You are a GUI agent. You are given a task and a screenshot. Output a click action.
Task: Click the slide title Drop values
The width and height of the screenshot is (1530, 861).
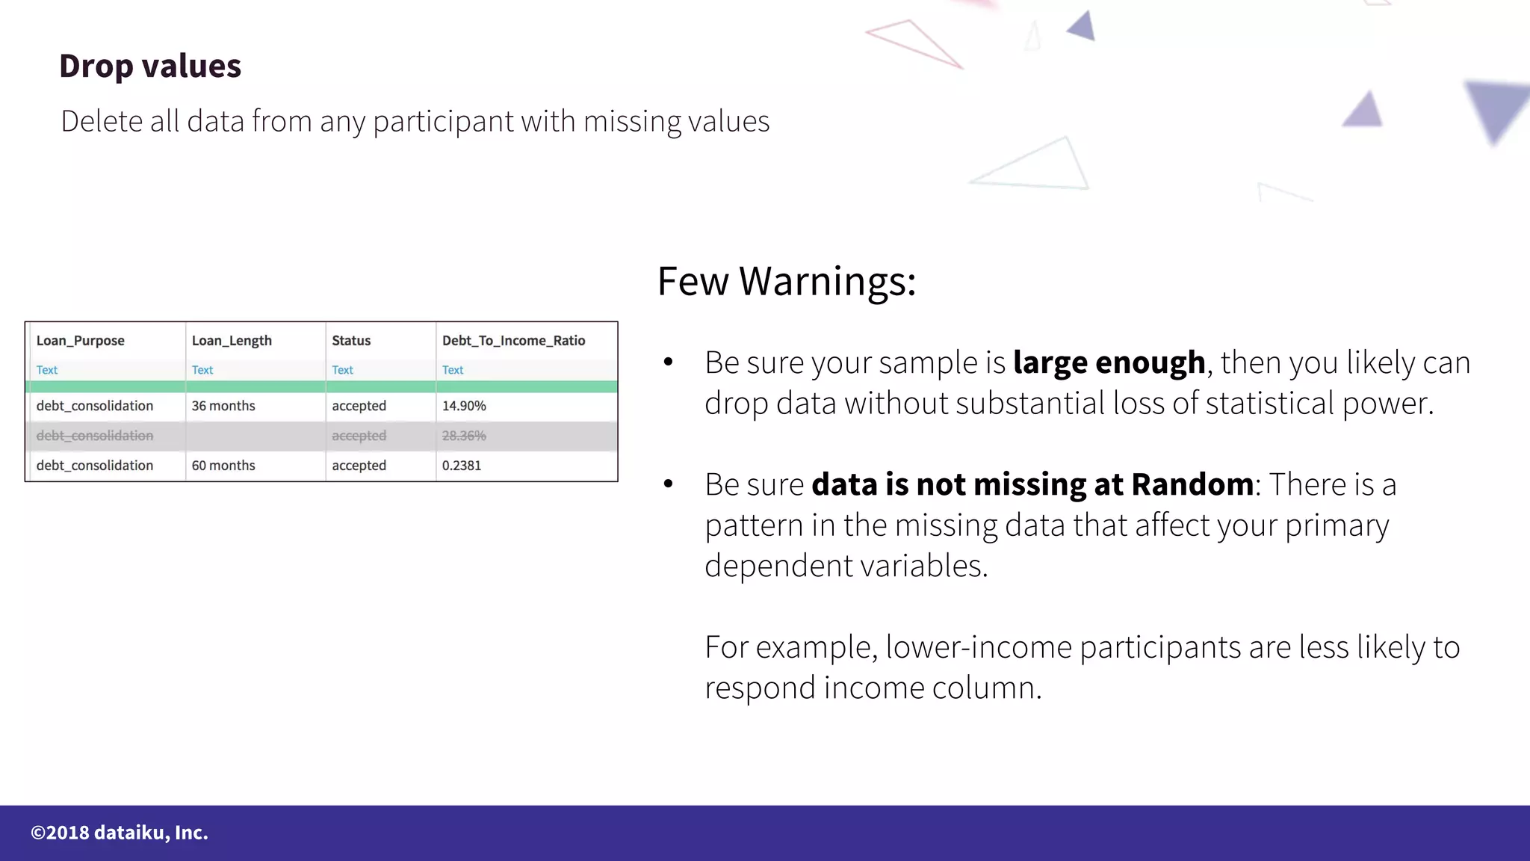pyautogui.click(x=150, y=66)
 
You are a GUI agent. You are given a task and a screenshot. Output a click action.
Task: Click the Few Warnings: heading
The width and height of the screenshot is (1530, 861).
pyautogui.click(x=786, y=282)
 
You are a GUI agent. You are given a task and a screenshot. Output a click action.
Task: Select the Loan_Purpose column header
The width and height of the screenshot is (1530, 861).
pyautogui.click(x=81, y=341)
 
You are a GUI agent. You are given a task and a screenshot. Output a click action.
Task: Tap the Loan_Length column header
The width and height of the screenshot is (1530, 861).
pyautogui.click(x=232, y=341)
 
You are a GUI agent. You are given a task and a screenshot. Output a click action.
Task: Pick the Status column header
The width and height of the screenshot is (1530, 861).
pyautogui.click(x=351, y=341)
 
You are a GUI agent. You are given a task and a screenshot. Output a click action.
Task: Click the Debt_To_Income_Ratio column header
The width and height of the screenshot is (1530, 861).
pyautogui.click(x=513, y=341)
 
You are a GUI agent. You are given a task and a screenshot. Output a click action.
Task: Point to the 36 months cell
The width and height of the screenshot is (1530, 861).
pyautogui.click(x=223, y=406)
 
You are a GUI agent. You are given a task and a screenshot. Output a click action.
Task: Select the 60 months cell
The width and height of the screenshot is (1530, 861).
pyautogui.click(x=223, y=466)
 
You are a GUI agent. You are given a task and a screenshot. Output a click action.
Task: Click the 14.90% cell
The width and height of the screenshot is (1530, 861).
pyautogui.click(x=464, y=406)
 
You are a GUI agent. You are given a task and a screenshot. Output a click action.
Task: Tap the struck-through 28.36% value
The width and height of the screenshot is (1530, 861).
pyautogui.click(x=464, y=436)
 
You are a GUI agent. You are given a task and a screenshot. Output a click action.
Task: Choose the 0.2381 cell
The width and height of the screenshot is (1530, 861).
pyautogui.click(x=462, y=466)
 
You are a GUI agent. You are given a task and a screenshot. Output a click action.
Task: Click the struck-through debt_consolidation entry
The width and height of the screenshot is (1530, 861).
pyautogui.click(x=95, y=436)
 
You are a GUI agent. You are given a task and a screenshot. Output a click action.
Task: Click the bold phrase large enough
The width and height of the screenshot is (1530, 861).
pyautogui.click(x=1109, y=363)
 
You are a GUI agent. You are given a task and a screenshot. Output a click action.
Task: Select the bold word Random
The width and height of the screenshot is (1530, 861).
pyautogui.click(x=1192, y=484)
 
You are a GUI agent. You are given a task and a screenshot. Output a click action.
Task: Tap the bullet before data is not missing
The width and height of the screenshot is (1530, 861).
pyautogui.click(x=668, y=484)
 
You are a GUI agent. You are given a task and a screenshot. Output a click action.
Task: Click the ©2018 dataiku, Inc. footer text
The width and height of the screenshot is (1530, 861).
pyautogui.click(x=120, y=833)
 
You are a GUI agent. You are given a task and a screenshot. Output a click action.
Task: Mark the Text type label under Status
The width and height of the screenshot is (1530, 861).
pyautogui.click(x=342, y=370)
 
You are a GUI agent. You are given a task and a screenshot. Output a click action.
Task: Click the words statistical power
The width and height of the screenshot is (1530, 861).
pyautogui.click(x=1319, y=404)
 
